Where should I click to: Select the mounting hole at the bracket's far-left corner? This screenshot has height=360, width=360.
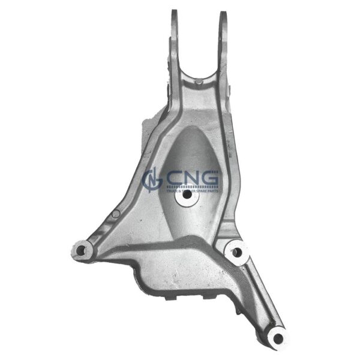80,250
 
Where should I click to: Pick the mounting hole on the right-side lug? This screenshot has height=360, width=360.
236,252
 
